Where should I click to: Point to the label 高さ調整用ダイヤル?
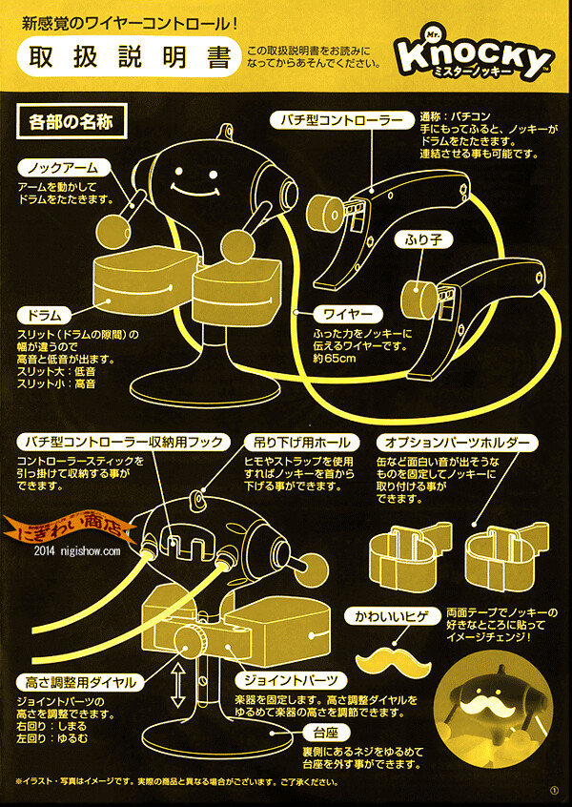[x=79, y=682]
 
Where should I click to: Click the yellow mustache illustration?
[x=392, y=657]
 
